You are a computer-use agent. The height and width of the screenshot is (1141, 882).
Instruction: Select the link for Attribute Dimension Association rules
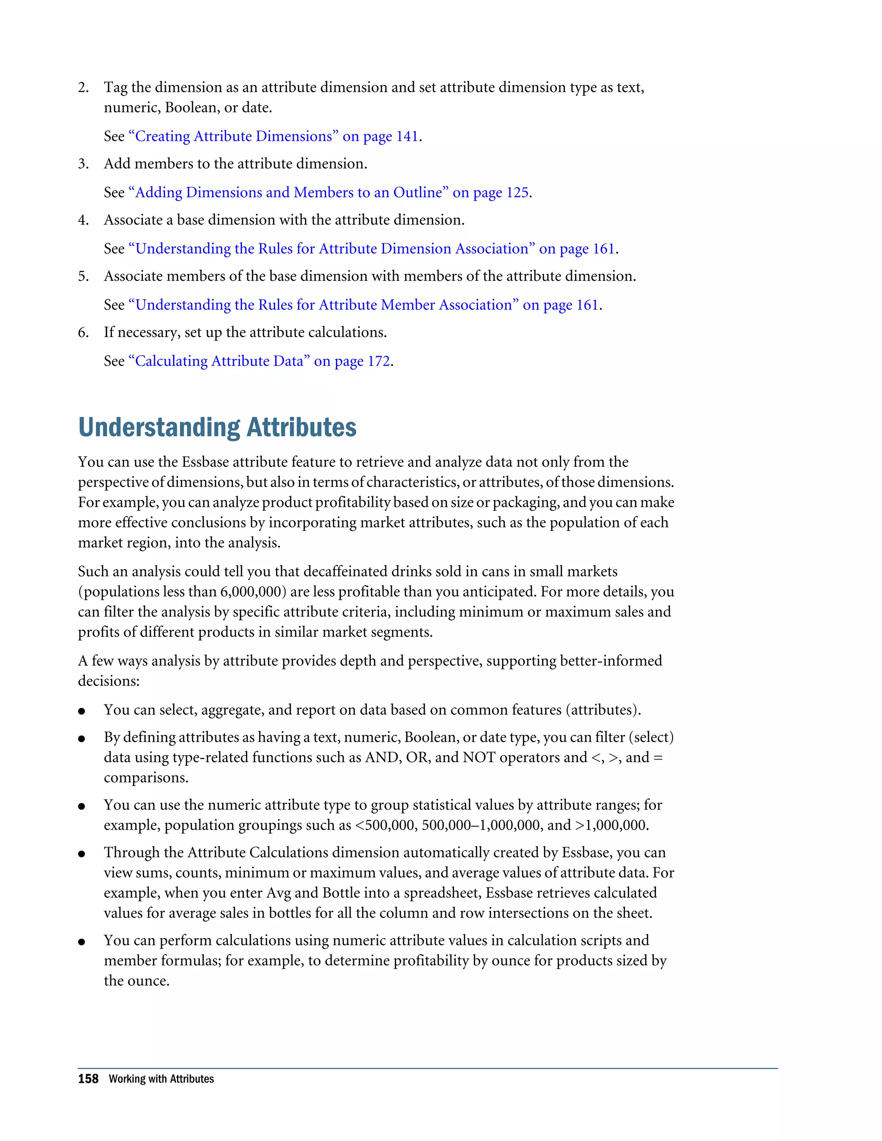372,249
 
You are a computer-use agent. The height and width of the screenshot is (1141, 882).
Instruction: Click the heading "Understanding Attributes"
217,428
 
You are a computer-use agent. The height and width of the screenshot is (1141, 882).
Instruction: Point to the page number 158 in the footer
88,1079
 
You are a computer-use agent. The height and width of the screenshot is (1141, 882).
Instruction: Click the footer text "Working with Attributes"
161,1079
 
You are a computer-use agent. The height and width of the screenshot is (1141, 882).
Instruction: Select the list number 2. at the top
84,87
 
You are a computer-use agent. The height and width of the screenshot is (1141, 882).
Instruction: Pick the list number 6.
84,332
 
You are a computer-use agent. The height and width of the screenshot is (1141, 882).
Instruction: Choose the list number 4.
84,220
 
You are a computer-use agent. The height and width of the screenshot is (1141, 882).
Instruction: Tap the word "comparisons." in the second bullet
146,778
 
